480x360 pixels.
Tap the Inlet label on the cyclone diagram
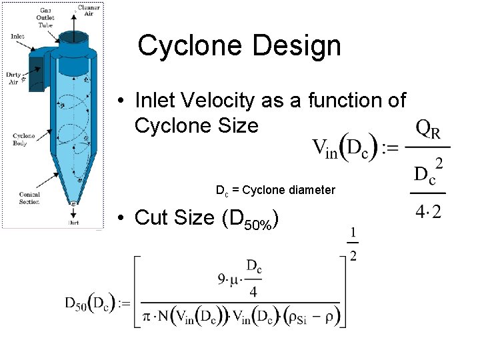pyautogui.click(x=18, y=36)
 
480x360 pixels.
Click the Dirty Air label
pyautogui.click(x=13, y=77)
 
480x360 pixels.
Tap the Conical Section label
pyautogui.click(x=29, y=198)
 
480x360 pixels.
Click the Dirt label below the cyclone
pyautogui.click(x=73, y=224)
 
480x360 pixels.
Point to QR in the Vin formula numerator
pyautogui.click(x=428, y=130)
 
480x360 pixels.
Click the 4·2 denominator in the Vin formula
pyautogui.click(x=428, y=213)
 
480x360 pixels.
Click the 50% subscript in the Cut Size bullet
pyautogui.click(x=257, y=225)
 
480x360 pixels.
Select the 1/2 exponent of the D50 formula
pyautogui.click(x=353, y=245)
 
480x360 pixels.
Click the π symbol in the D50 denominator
pyautogui.click(x=147, y=313)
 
